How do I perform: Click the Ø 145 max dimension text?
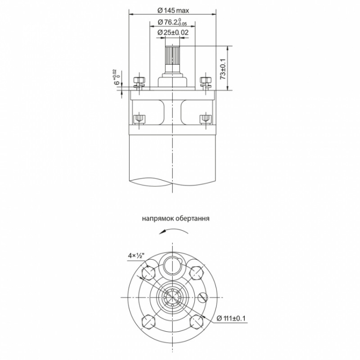click(173, 10)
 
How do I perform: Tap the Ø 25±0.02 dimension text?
click(173, 32)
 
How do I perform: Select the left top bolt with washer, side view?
click(139, 81)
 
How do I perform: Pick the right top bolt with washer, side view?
click(206, 81)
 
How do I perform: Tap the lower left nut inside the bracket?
click(139, 119)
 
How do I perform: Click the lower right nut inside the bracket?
click(205, 119)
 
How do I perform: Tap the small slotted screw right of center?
click(202, 297)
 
